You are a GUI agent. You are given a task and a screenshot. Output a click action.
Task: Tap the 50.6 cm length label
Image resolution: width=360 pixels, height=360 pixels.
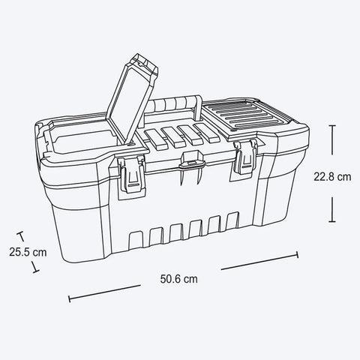179,278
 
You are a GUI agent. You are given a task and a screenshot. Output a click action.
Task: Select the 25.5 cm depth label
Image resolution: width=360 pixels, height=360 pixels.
28,252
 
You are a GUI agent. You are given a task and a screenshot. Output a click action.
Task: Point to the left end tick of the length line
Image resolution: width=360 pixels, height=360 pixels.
70,298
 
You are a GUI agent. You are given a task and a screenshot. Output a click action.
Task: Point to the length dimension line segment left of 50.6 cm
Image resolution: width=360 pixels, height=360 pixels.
105,292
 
